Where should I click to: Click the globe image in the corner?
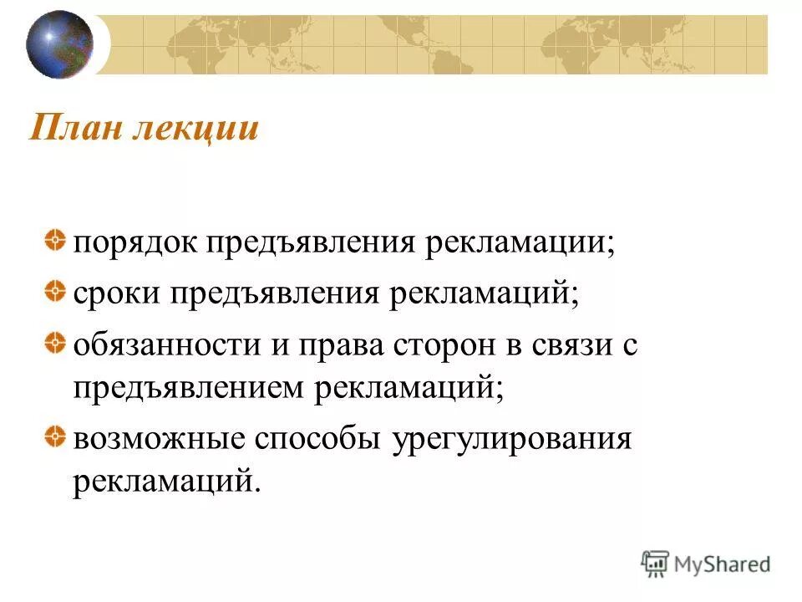59,44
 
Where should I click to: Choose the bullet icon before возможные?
53,436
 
